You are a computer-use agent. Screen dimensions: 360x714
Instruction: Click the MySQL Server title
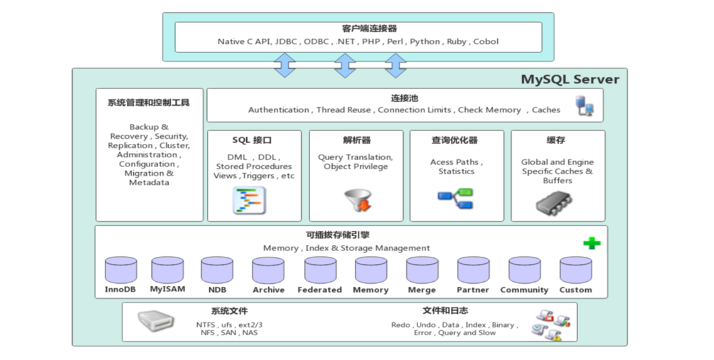569,80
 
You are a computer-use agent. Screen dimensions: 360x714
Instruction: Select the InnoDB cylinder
121,271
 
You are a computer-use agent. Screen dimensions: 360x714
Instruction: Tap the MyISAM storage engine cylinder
167,269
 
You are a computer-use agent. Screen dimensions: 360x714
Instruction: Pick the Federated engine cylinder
320,271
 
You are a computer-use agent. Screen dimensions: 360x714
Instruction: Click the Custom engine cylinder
575,271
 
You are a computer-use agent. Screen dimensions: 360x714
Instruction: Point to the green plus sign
591,243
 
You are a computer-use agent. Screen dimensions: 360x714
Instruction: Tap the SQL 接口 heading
251,140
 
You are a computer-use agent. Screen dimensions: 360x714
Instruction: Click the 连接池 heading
404,99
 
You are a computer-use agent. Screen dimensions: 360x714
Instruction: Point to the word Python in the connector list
425,42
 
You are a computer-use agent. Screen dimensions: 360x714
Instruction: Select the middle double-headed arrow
345,65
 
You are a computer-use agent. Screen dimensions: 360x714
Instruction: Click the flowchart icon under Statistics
455,199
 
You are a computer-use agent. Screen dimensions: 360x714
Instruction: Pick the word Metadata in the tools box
149,183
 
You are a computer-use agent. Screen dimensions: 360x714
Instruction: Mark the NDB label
217,290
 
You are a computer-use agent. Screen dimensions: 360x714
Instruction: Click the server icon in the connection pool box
585,105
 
